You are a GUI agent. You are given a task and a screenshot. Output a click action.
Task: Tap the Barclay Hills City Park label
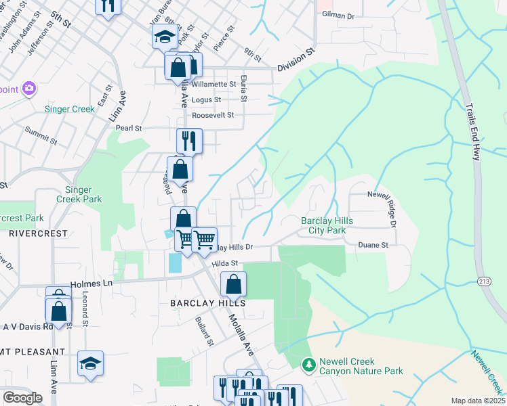[x=327, y=226]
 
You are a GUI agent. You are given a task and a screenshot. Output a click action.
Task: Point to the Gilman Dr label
[x=338, y=14]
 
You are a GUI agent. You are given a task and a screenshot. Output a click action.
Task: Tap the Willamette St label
[x=214, y=85]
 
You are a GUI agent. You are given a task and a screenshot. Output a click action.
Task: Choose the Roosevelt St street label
[x=213, y=115]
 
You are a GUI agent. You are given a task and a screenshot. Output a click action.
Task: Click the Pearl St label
[x=129, y=127]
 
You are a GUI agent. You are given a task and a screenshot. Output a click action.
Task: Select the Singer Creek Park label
[x=83, y=194]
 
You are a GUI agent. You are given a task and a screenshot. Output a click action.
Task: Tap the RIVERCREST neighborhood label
[x=38, y=233]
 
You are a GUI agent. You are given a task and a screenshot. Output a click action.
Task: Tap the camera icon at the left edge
[x=28, y=89]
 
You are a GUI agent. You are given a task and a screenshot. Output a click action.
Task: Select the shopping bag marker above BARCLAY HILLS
[x=233, y=284]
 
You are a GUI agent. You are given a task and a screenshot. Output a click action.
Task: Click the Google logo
[x=22, y=398]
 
